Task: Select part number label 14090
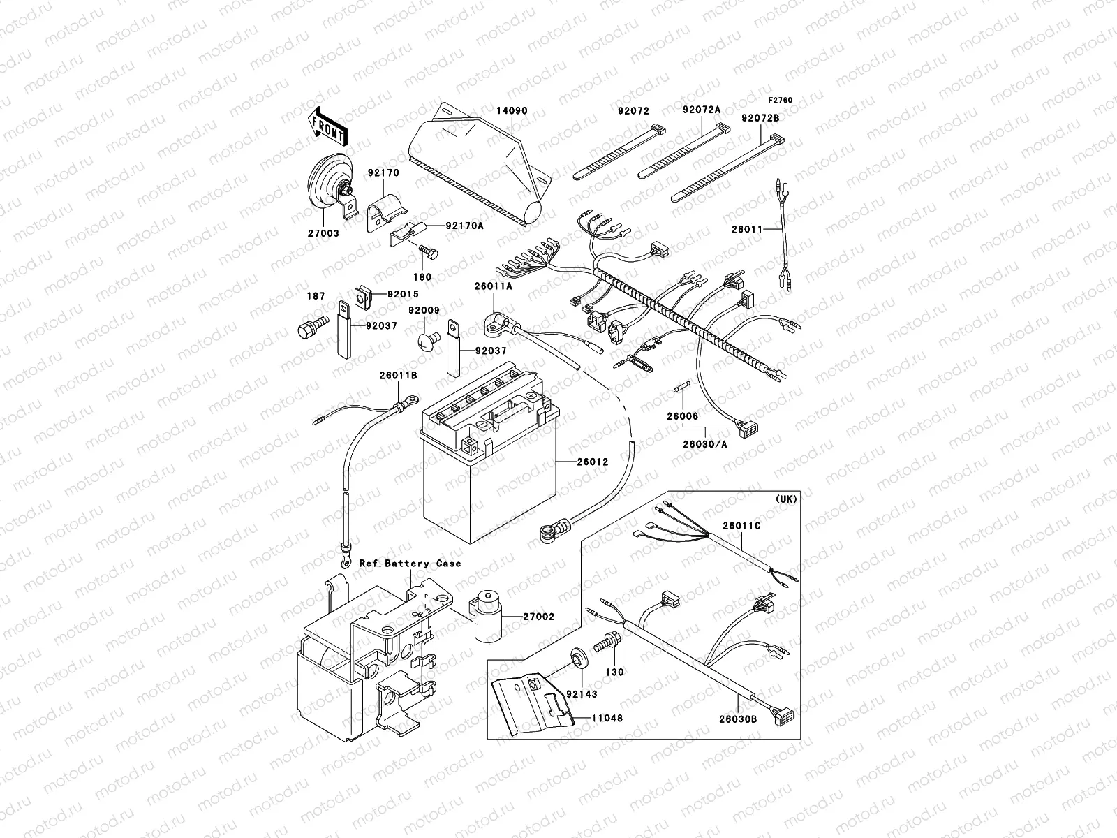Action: (x=512, y=110)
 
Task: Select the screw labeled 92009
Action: (x=427, y=341)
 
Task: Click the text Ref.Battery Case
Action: (x=410, y=563)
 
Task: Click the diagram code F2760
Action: (x=782, y=101)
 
